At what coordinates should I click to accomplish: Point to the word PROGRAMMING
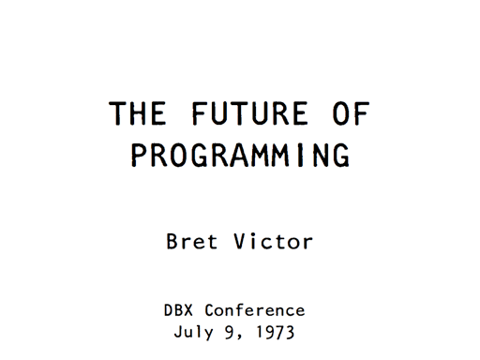tap(240, 155)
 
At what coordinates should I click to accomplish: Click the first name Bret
tap(191, 242)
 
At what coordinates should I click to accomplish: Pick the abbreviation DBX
tap(180, 310)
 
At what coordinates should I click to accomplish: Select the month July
tap(196, 331)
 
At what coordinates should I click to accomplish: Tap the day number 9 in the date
tap(236, 331)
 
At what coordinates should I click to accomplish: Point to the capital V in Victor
tap(237, 242)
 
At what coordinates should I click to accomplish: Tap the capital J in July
tap(179, 331)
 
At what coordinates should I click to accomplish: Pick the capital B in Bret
tap(173, 242)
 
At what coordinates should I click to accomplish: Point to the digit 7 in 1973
tap(287, 331)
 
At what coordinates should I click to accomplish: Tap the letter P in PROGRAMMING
tap(140, 155)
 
